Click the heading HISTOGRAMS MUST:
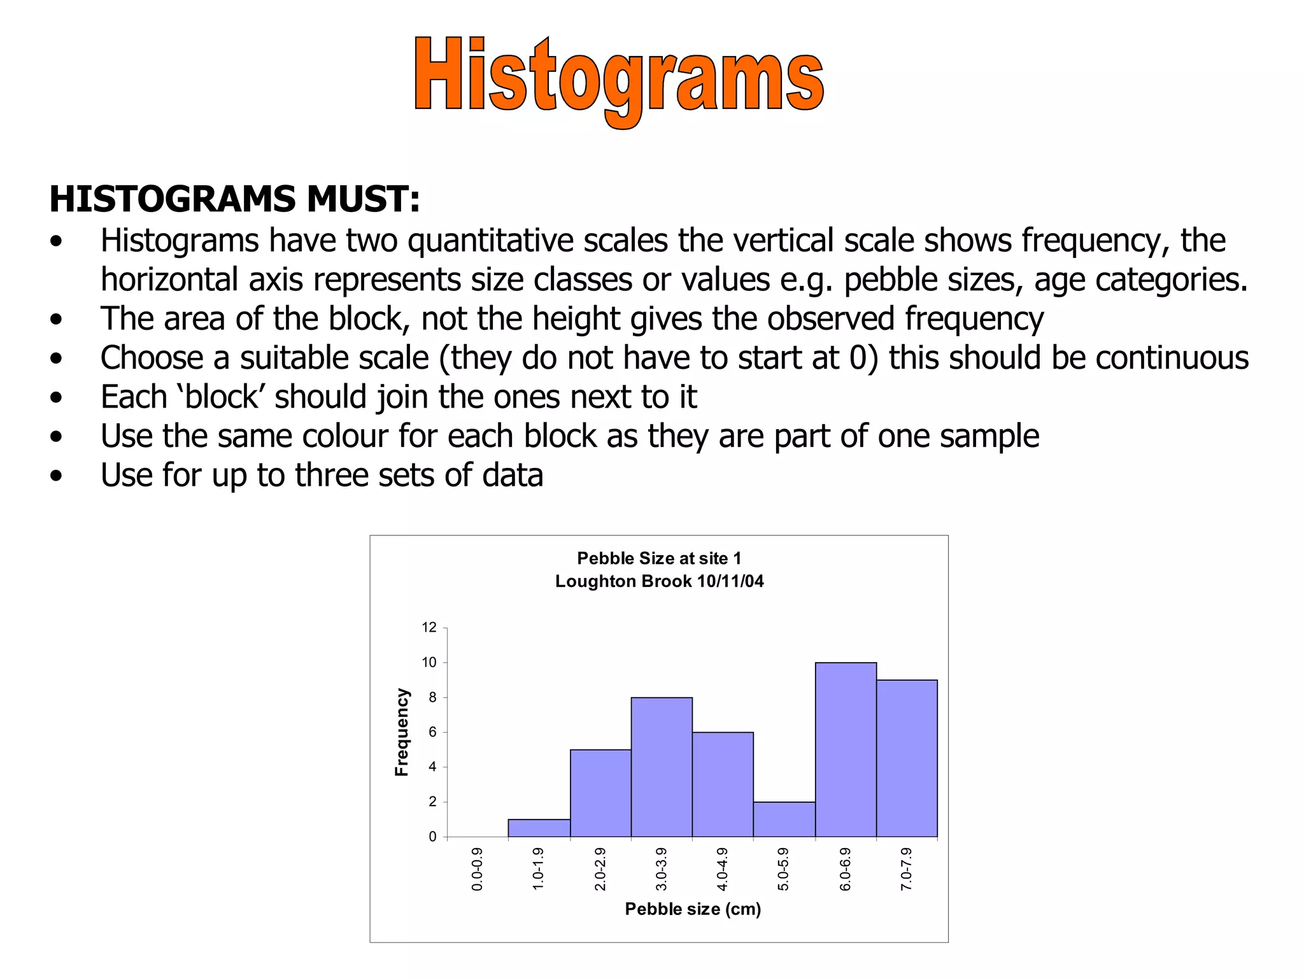tap(234, 199)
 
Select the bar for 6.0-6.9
tap(846, 749)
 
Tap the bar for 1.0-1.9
tap(539, 828)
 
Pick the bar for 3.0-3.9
tap(662, 767)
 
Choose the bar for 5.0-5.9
tap(784, 819)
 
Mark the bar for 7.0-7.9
tap(907, 758)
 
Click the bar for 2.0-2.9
tap(600, 793)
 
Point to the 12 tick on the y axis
tap(429, 628)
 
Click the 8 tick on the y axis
tap(432, 697)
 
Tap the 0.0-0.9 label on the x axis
tap(477, 869)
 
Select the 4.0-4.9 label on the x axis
tap(722, 869)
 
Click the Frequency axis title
tap(401, 732)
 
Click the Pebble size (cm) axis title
tap(693, 909)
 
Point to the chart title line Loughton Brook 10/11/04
tap(659, 581)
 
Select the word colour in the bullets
tap(344, 437)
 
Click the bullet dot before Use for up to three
tap(57, 476)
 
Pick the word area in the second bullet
tap(194, 319)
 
